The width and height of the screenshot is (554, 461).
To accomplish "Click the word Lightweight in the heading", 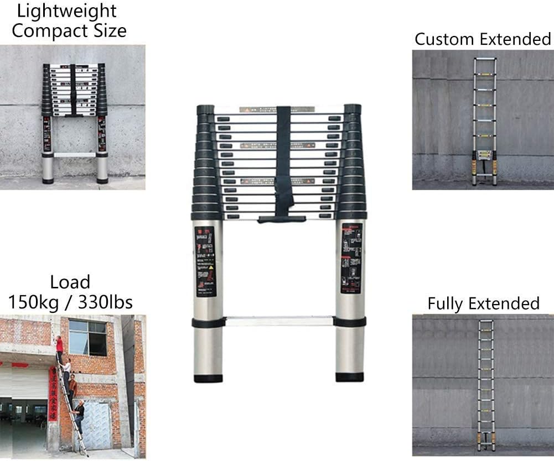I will click(x=67, y=11).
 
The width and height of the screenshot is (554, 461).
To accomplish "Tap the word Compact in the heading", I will click(x=46, y=30).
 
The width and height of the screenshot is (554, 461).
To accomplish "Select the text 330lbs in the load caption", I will click(x=105, y=302).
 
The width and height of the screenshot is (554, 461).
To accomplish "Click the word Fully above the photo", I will click(x=446, y=303).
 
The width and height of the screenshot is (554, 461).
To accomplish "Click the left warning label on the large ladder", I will click(x=206, y=261).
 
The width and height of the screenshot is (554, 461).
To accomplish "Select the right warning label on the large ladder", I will click(x=351, y=258).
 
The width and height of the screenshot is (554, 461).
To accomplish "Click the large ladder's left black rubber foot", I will click(x=208, y=379).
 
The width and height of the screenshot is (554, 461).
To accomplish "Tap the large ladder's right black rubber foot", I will click(x=350, y=378).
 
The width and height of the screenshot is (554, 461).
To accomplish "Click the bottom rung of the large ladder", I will click(x=279, y=321).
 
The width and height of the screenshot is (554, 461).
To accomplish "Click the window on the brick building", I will click(x=87, y=337).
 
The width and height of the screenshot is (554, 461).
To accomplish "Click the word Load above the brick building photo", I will click(x=70, y=282).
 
